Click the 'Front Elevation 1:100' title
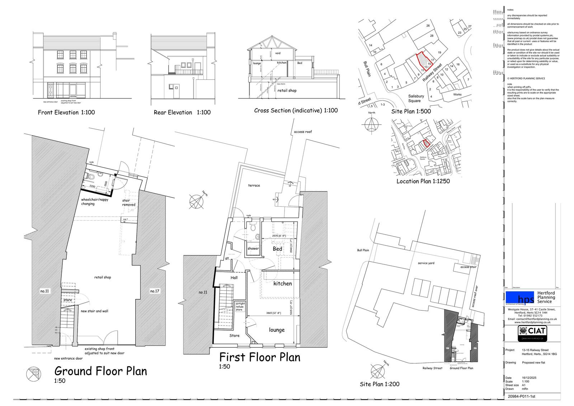click(x=66, y=112)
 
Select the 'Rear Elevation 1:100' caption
click(x=182, y=112)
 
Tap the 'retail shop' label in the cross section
click(x=287, y=91)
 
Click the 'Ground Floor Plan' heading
click(x=100, y=371)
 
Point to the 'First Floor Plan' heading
click(x=260, y=357)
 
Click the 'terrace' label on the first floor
click(x=254, y=185)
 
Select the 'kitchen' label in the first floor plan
click(x=282, y=283)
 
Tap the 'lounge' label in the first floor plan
click(x=277, y=330)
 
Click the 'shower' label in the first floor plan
click(x=253, y=249)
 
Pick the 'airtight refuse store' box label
click(x=239, y=306)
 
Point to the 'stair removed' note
click(x=128, y=203)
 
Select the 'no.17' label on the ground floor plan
click(x=154, y=291)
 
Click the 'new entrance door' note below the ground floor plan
click(x=68, y=358)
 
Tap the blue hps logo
click(x=520, y=297)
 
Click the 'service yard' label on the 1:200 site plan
click(x=426, y=263)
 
